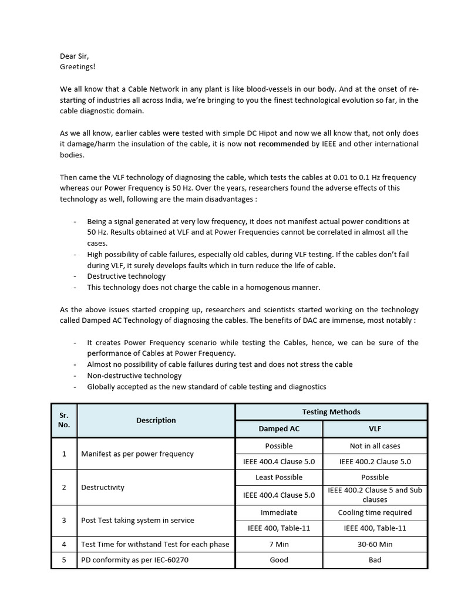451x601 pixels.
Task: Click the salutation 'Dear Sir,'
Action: (74, 56)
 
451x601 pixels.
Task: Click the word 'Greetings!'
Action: (78, 67)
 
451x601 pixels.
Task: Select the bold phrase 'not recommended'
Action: (274, 144)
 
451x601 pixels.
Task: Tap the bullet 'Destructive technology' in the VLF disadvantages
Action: (126, 276)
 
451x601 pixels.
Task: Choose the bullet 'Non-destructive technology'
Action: (134, 376)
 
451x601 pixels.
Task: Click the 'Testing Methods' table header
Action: (331, 412)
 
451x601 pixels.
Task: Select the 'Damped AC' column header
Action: (279, 429)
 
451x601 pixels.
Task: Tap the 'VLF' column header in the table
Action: (375, 429)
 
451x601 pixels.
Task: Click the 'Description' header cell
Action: (156, 420)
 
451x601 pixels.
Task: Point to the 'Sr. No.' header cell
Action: (64, 420)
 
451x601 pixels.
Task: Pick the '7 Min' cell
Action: (279, 544)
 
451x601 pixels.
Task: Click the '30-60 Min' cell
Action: (375, 544)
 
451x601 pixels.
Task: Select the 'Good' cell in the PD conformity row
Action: (279, 560)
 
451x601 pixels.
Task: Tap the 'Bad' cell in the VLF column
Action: (375, 560)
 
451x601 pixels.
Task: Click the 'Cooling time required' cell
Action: (375, 512)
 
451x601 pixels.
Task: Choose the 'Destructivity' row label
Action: (103, 487)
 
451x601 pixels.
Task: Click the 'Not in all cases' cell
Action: (375, 446)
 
